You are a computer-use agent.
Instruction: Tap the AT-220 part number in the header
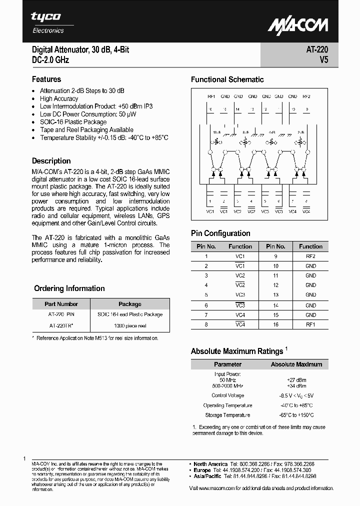coord(317,50)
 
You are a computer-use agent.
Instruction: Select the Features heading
coord(46,79)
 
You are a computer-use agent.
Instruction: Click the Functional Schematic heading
coord(227,79)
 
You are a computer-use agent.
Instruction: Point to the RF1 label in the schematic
coord(211,96)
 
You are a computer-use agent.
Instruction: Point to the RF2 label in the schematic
coord(306,96)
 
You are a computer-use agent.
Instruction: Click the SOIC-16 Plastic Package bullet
coord(73,122)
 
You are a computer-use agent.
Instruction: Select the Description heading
coord(51,161)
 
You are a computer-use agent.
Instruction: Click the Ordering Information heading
coord(69,288)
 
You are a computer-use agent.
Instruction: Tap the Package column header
coord(130,304)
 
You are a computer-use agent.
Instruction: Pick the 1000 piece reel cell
coord(130,325)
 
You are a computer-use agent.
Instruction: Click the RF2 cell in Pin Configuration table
coord(310,256)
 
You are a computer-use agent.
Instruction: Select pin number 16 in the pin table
coord(275,324)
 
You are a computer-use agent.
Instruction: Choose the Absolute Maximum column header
coord(296,364)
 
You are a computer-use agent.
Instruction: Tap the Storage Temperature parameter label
coord(227,415)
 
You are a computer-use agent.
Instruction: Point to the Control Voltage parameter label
coord(227,395)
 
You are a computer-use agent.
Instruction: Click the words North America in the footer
coord(210,464)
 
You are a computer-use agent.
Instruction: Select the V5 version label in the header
coord(323,60)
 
